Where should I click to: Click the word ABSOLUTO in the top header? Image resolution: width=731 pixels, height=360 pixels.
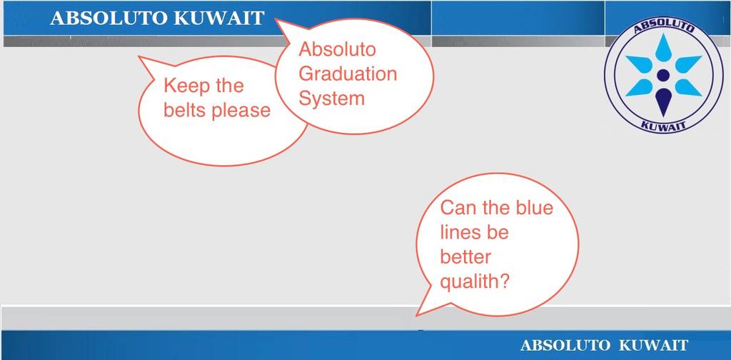click(109, 18)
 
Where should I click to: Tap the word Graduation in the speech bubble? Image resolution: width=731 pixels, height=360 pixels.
click(348, 74)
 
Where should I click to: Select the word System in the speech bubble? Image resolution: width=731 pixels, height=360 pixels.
click(331, 99)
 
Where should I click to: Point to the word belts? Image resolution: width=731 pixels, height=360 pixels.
click(185, 111)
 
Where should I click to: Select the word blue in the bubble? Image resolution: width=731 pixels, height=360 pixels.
click(533, 208)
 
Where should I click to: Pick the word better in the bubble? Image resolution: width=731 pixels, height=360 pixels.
click(465, 257)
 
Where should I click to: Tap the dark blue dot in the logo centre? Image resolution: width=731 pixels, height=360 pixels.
click(663, 75)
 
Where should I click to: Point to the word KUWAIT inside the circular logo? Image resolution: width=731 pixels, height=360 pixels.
click(663, 126)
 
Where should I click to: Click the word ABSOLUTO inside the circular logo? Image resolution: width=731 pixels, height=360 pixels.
click(664, 28)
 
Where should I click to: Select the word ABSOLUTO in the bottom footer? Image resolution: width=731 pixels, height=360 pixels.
click(565, 346)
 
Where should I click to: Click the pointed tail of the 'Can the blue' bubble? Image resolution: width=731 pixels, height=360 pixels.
click(416, 315)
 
